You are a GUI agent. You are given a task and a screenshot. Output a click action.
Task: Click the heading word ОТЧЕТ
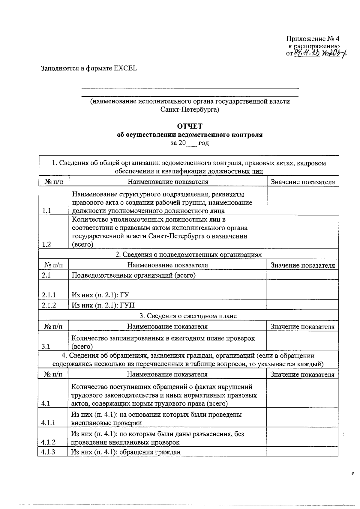190,126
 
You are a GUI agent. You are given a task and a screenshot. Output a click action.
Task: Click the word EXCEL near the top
125,68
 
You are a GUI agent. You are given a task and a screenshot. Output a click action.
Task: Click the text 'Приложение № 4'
313,39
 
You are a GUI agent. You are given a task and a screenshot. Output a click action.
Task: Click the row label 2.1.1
49,295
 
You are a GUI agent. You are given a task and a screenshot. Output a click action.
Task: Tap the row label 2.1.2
49,305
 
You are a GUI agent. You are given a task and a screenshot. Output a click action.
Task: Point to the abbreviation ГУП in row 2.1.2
127,305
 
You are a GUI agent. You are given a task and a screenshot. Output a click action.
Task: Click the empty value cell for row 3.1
302,341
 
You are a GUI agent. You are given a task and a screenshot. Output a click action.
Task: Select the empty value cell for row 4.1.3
302,452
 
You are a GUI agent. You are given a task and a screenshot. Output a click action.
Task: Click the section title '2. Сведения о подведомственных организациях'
189,255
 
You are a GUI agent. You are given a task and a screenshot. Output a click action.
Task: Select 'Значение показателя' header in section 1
303,182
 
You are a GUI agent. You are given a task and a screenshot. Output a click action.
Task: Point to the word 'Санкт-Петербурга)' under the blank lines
190,110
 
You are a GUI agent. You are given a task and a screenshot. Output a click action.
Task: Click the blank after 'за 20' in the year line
191,143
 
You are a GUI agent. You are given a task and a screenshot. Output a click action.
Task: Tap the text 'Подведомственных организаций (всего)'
133,275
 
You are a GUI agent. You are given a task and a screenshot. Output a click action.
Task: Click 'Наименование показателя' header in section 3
167,327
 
